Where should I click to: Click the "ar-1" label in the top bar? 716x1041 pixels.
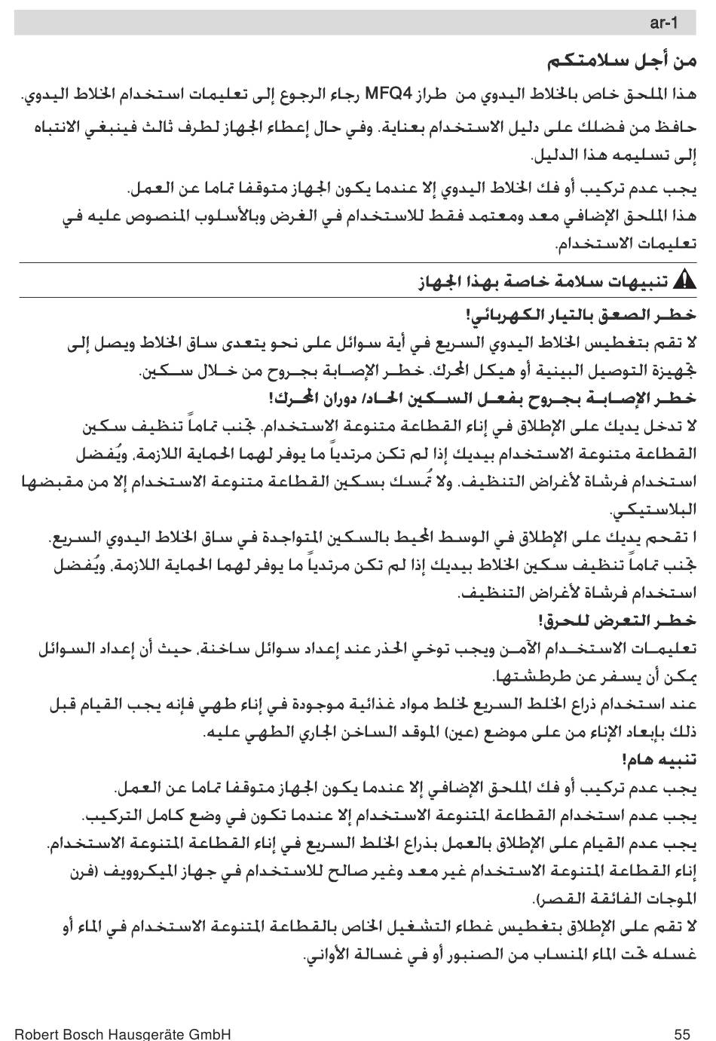[x=663, y=23]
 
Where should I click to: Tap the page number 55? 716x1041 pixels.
[x=683, y=1033]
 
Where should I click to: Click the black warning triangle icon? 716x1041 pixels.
[x=684, y=281]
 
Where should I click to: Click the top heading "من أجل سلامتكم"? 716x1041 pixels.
[x=622, y=60]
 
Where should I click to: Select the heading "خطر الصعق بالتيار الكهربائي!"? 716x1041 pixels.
[x=581, y=314]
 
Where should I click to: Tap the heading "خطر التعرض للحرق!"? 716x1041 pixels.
[x=617, y=620]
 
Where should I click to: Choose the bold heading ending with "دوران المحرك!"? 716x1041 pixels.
[x=482, y=397]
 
